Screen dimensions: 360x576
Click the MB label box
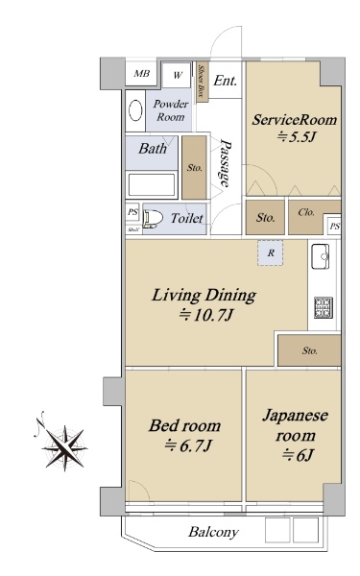tap(141, 74)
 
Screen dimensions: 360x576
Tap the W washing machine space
tap(177, 75)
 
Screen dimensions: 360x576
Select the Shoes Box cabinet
tap(202, 82)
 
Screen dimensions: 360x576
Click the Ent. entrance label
tap(226, 81)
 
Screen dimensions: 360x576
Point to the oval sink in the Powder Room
tap(136, 110)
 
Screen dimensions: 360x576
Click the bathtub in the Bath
tap(152, 184)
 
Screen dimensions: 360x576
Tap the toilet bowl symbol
tap(153, 219)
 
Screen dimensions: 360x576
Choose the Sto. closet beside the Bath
tap(194, 167)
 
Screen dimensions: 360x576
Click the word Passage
tap(225, 163)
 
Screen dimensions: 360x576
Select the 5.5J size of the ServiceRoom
tap(297, 137)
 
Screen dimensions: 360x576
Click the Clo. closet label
tap(306, 212)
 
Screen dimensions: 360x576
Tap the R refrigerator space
tap(271, 252)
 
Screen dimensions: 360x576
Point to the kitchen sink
tap(320, 256)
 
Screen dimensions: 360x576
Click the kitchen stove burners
tap(324, 307)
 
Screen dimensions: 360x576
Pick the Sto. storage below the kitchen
tap(309, 350)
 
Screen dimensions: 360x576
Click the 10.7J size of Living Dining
tap(205, 315)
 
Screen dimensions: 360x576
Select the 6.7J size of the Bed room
tap(188, 446)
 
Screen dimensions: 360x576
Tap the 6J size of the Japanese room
tap(298, 455)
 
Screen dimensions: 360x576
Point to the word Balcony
tap(213, 532)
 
